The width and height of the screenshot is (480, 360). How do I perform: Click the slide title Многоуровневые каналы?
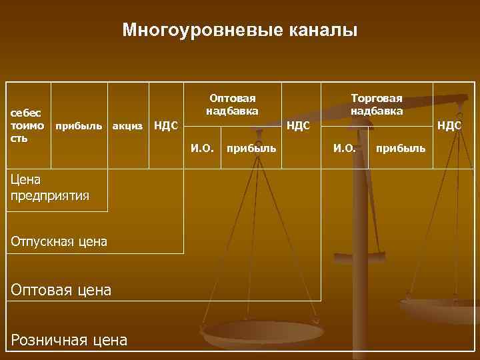point(240,31)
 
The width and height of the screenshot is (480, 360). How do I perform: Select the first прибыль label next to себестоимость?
point(79,125)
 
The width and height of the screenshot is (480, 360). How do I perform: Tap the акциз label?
point(126,125)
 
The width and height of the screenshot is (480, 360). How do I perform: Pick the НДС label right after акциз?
point(165,124)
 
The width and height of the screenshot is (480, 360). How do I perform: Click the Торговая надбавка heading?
point(377,104)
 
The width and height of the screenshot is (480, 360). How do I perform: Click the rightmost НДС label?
point(449,124)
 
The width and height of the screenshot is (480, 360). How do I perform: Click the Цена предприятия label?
point(50,187)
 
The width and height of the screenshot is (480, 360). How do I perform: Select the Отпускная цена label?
point(59,241)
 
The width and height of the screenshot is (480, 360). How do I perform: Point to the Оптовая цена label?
point(61,289)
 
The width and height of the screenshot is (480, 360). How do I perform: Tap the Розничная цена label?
point(69,340)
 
